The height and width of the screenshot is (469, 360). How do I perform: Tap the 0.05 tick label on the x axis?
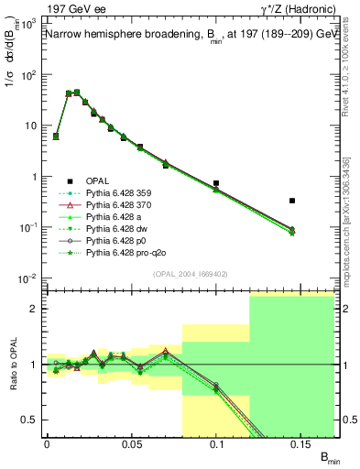point(132,442)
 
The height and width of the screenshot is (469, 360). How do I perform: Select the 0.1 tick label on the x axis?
point(217,442)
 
